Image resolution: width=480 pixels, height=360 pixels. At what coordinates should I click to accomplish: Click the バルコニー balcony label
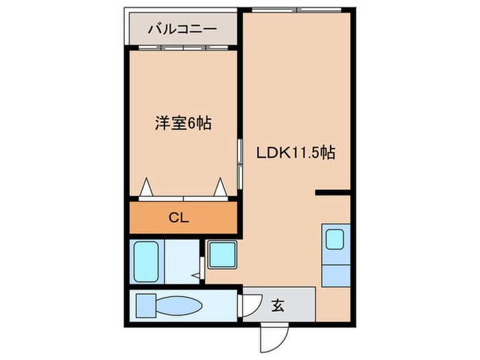point(183,29)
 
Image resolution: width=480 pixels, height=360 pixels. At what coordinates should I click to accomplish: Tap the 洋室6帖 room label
point(182,124)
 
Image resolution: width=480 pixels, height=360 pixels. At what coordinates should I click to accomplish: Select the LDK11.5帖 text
point(296,152)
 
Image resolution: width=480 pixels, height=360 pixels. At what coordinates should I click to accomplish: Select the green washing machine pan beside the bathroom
point(222,255)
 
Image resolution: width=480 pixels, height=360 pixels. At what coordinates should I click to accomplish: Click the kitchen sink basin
point(335,240)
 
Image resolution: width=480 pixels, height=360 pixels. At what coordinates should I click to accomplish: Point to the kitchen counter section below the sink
point(336,274)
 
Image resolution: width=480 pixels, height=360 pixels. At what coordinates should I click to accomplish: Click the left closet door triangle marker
point(147,187)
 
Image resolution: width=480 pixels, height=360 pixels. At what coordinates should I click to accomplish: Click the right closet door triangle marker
point(219,187)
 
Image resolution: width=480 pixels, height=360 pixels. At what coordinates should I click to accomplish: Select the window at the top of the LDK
point(298,10)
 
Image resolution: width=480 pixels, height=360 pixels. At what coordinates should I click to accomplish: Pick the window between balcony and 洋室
point(183,47)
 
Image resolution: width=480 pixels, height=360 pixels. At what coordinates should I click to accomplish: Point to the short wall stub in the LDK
point(333,193)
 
